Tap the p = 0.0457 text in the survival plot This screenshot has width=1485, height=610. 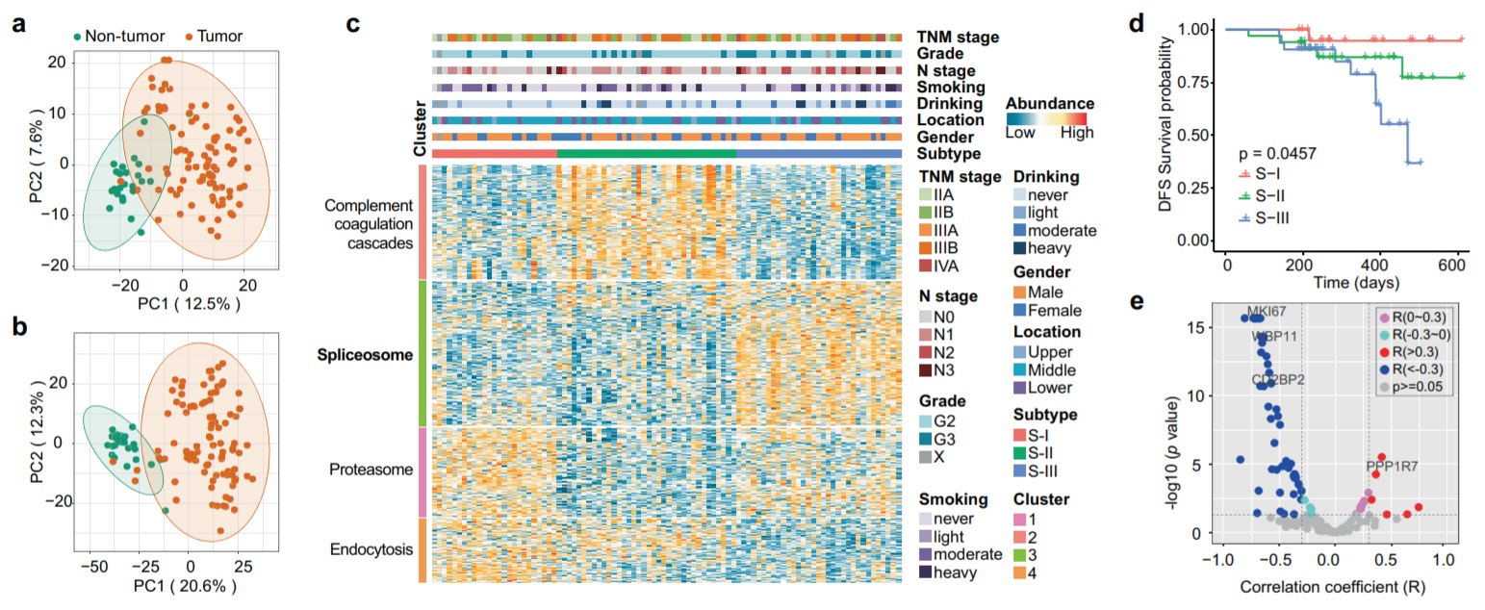click(x=1280, y=151)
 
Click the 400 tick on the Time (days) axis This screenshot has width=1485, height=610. click(x=1378, y=262)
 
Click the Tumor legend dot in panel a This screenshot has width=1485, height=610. click(x=190, y=38)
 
